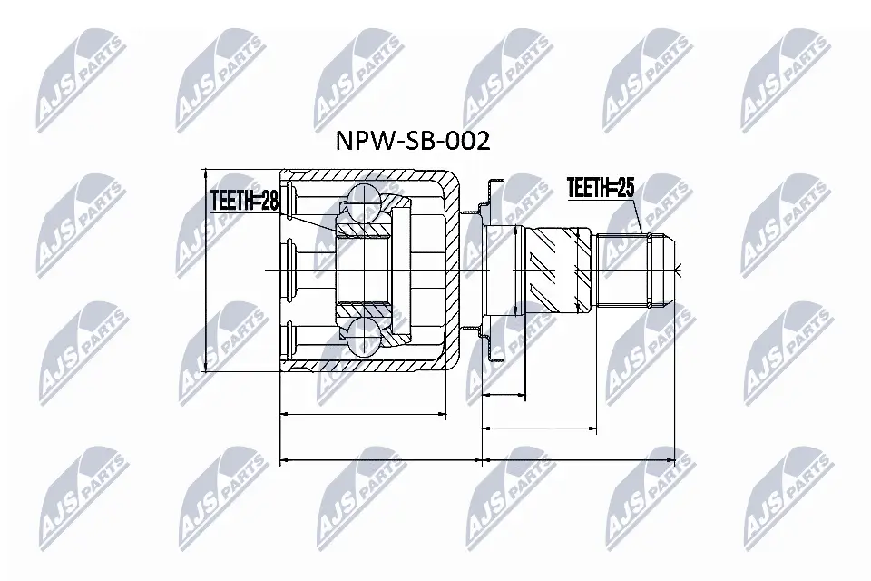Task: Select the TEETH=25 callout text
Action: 600,189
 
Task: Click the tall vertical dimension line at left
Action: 207,271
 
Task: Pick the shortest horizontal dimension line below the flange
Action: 504,396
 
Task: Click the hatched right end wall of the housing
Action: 451,271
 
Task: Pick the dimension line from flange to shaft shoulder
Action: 539,427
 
